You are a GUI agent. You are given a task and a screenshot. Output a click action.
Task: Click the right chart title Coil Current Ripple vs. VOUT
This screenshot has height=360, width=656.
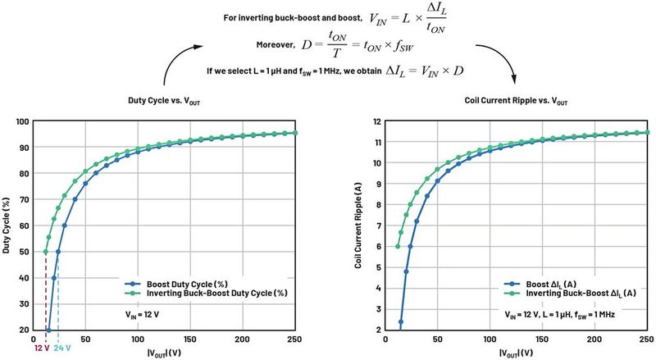pos(509,100)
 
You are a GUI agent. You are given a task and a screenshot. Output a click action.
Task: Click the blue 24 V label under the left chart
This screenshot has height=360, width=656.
pos(61,348)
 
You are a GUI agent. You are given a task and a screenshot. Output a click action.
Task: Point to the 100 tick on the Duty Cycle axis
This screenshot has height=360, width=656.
pos(22,121)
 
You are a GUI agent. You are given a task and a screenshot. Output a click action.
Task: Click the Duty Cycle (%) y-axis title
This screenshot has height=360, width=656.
pos(7,226)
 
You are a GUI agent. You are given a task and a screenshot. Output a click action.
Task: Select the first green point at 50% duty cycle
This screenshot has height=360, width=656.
pos(45,252)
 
